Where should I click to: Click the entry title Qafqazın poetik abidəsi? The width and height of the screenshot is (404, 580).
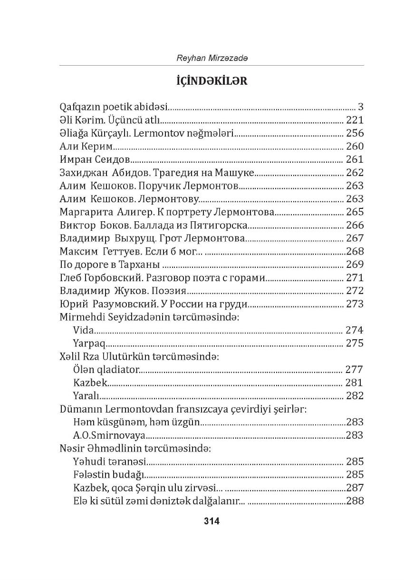tap(115, 107)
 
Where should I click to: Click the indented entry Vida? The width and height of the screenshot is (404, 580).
tap(84, 330)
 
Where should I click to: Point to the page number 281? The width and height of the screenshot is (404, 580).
tap(355, 383)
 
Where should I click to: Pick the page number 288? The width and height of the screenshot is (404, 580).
tap(355, 501)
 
